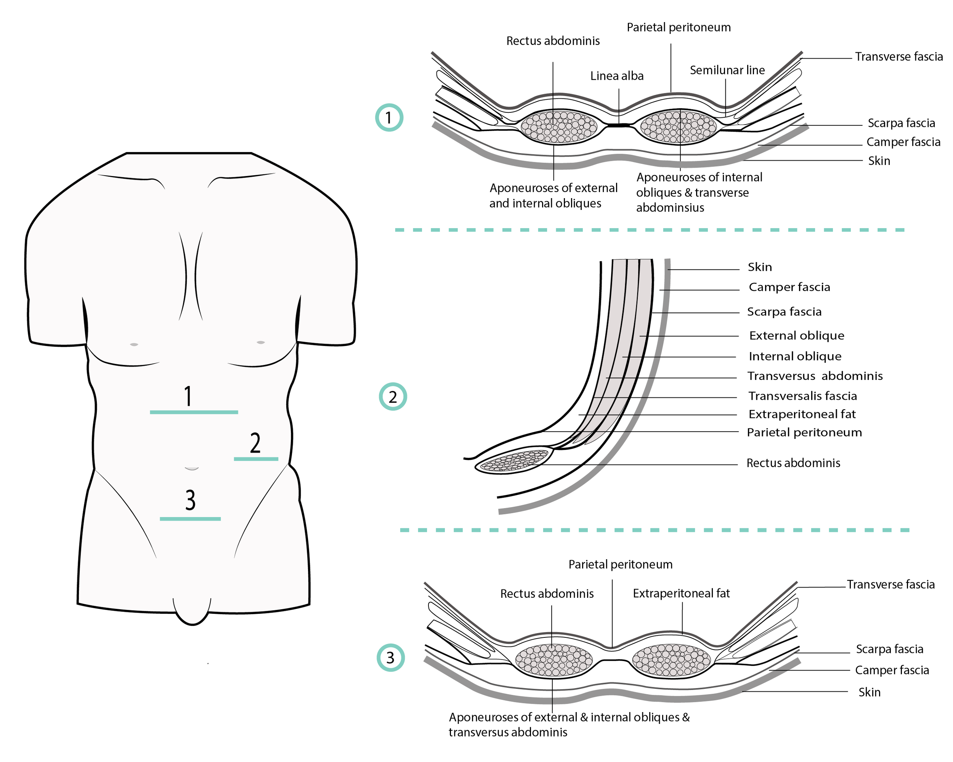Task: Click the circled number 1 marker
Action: click(389, 117)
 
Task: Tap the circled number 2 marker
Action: click(393, 396)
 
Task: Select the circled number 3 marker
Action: click(390, 657)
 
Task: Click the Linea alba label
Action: click(617, 76)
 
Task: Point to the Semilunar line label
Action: click(727, 70)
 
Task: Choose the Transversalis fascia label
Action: click(802, 396)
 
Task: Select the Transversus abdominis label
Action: click(815, 376)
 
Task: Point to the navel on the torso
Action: click(191, 468)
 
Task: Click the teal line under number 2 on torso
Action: click(256, 459)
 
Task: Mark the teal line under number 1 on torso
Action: click(194, 412)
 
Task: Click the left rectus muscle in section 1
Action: click(559, 127)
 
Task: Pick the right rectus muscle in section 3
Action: click(671, 660)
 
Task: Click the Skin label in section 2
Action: click(759, 267)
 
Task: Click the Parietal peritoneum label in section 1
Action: click(679, 27)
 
